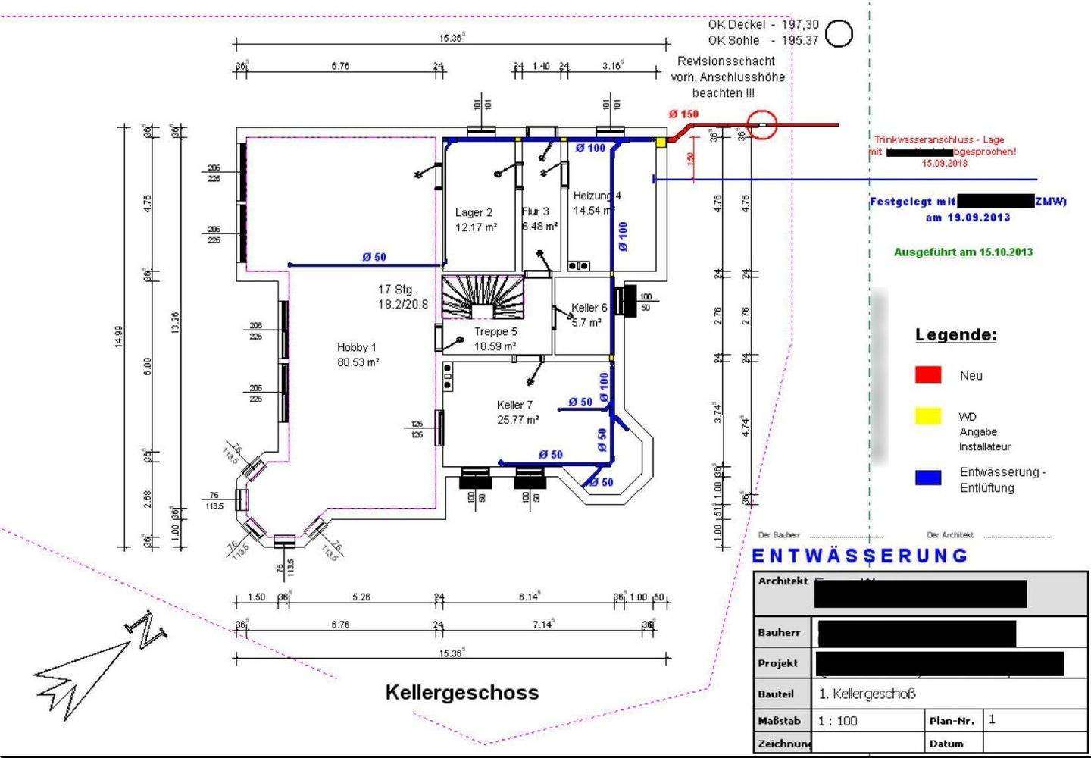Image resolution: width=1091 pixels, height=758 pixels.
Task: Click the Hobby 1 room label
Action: (x=357, y=355)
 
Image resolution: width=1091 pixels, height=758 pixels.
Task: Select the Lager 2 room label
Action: (x=475, y=220)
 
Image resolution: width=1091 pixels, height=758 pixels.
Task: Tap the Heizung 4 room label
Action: (x=596, y=202)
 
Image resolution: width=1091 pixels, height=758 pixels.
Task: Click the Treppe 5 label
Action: (x=495, y=339)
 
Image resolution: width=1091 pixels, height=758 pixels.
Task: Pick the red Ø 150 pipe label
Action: (x=683, y=114)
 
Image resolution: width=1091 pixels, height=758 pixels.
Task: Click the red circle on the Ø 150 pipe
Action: (x=762, y=124)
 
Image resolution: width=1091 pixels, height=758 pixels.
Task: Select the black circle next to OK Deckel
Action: (x=839, y=33)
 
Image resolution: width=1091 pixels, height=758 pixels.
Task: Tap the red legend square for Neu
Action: (x=928, y=374)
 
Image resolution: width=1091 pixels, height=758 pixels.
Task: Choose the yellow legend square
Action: (x=928, y=416)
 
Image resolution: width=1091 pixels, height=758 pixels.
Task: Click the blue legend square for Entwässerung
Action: (x=928, y=478)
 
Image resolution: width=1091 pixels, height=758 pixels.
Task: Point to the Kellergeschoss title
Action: (x=462, y=692)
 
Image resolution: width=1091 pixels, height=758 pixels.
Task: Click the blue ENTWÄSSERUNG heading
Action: (x=860, y=556)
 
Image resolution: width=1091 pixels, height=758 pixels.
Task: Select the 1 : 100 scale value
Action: (x=838, y=721)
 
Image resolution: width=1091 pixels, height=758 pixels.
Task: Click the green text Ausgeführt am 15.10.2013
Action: (x=963, y=252)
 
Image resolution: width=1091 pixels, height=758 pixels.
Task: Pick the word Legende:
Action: (x=955, y=334)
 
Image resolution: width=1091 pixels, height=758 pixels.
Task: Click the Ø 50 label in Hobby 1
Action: (x=374, y=257)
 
